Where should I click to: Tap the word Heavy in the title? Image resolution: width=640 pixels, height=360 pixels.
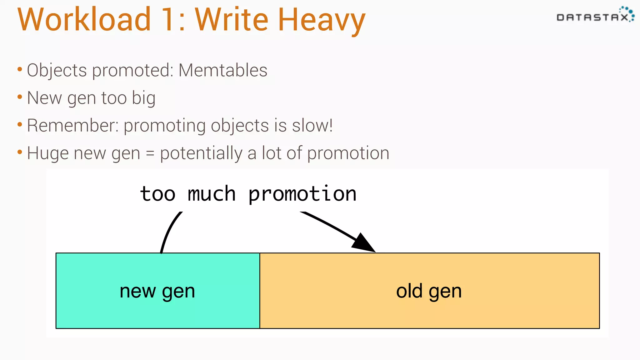pos(322,20)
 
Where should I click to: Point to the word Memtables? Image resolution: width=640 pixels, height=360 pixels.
pos(223,70)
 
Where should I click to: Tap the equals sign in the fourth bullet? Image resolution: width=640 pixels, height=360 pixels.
pos(150,153)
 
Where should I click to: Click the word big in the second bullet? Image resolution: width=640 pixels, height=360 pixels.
pos(143,98)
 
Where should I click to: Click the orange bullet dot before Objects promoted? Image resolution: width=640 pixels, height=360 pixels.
pos(20,69)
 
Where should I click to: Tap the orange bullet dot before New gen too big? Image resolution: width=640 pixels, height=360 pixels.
pos(20,97)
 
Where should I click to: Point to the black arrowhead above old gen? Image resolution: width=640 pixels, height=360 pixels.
pos(364,243)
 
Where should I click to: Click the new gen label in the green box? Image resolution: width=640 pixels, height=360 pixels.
pos(157,291)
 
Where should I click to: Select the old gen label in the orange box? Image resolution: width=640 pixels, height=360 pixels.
pos(429,291)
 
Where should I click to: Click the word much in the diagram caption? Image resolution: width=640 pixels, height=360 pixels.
pos(212,194)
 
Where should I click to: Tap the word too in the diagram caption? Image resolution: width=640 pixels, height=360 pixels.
pos(158,194)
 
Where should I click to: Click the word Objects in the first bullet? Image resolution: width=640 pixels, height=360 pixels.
pos(57,71)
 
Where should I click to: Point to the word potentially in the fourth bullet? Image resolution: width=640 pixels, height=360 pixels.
pos(201,153)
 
